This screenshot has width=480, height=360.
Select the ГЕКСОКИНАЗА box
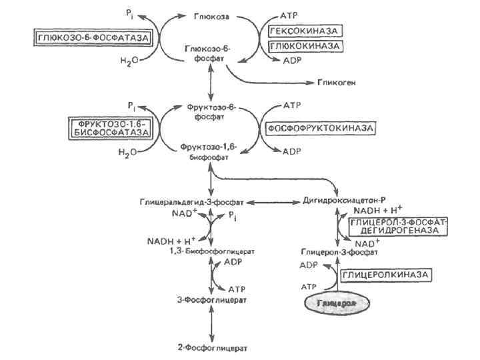point(305,31)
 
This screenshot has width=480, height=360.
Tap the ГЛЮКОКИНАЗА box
point(305,45)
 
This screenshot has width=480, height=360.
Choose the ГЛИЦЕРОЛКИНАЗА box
point(385,275)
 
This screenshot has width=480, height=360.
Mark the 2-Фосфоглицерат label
point(211,347)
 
